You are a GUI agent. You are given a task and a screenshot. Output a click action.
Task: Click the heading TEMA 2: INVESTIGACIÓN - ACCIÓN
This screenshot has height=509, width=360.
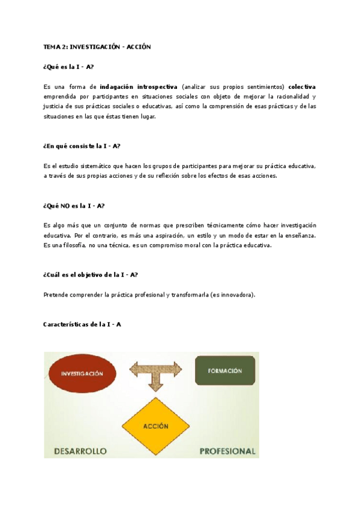click(97, 47)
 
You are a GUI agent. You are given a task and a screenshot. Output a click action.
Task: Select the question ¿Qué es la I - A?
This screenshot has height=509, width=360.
click(68, 67)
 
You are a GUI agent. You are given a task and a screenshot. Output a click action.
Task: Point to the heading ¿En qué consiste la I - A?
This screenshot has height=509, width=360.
click(82, 146)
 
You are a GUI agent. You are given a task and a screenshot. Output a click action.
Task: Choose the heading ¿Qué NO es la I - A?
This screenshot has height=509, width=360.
click(74, 205)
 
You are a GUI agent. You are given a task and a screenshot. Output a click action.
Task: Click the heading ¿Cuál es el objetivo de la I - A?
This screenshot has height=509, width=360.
click(91, 275)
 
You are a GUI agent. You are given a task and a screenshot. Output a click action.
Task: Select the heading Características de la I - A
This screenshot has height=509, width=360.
click(82, 324)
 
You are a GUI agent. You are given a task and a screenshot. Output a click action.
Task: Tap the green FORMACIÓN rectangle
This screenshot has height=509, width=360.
click(225, 370)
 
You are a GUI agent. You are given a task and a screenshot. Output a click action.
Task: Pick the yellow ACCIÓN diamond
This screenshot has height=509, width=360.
click(155, 426)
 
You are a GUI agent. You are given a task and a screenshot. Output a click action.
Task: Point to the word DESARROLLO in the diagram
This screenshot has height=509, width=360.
click(80, 451)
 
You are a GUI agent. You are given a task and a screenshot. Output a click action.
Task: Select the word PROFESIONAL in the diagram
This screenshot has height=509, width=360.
click(227, 451)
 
